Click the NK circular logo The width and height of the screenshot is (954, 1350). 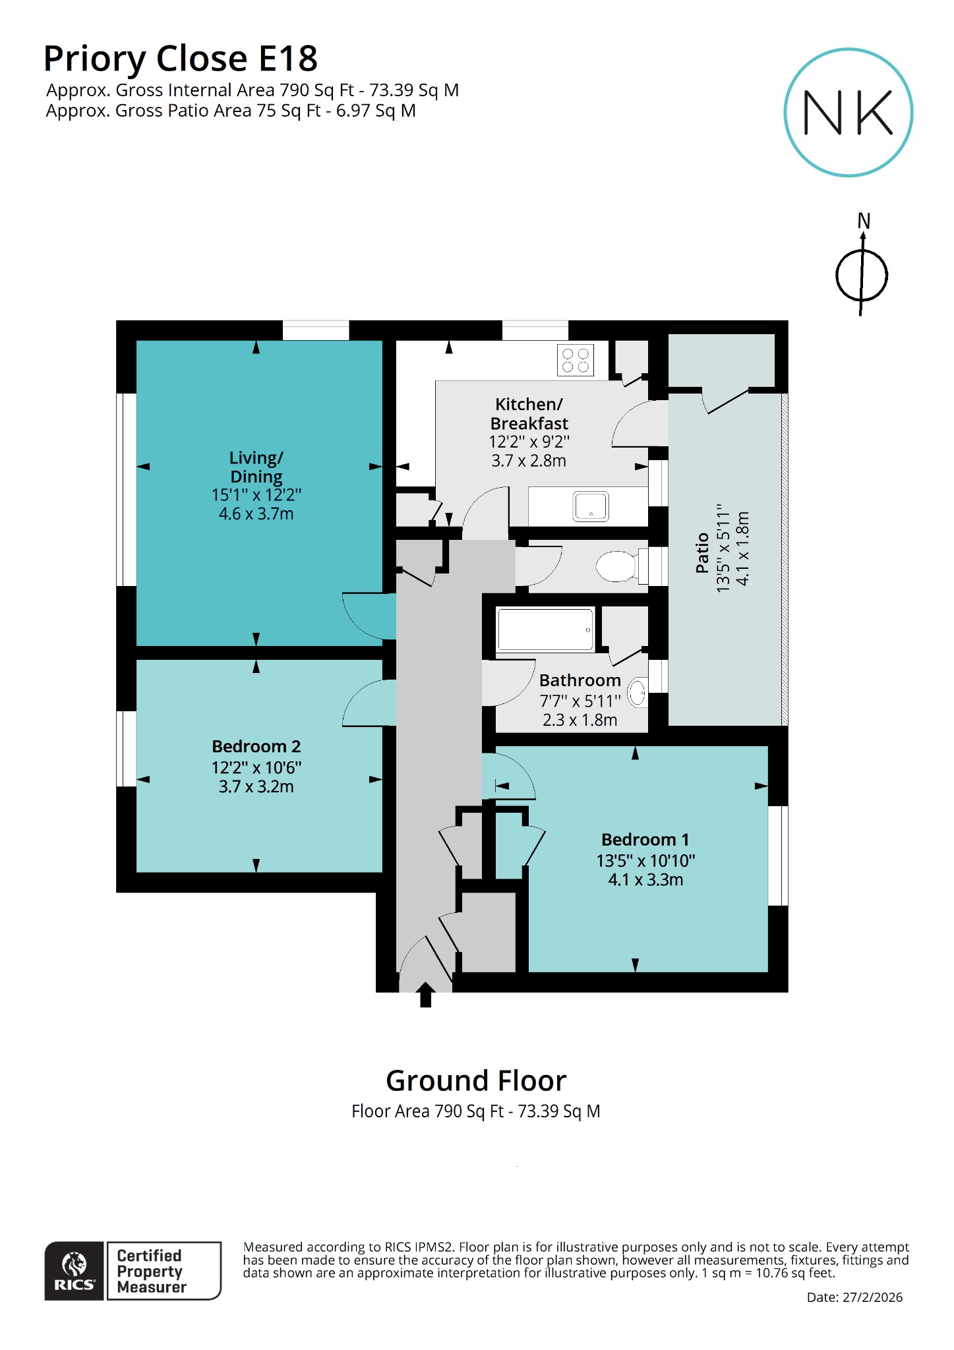[x=848, y=112]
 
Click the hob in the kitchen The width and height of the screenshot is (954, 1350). [x=575, y=361]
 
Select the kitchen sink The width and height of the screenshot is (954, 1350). [x=591, y=506]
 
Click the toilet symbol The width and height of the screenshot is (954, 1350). [x=618, y=566]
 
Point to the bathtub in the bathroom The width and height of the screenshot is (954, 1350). [x=545, y=630]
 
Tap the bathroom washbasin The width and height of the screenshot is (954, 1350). [x=637, y=693]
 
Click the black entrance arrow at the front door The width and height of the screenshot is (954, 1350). [x=425, y=995]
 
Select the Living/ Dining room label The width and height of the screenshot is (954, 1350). [x=256, y=467]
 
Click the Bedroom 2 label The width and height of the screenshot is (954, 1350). [x=256, y=746]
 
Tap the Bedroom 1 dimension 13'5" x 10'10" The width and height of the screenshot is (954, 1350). [x=645, y=860]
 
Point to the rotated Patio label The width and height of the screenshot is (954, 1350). [x=702, y=552]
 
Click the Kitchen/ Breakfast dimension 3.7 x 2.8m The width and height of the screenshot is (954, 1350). [x=528, y=461]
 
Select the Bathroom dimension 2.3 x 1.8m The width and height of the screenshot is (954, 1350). [x=580, y=720]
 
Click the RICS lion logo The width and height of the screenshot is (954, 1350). [x=74, y=1270]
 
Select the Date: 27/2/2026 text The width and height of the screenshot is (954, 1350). [x=854, y=1297]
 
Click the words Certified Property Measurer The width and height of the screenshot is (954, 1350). [x=152, y=1271]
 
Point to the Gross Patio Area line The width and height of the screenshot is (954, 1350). [x=231, y=111]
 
